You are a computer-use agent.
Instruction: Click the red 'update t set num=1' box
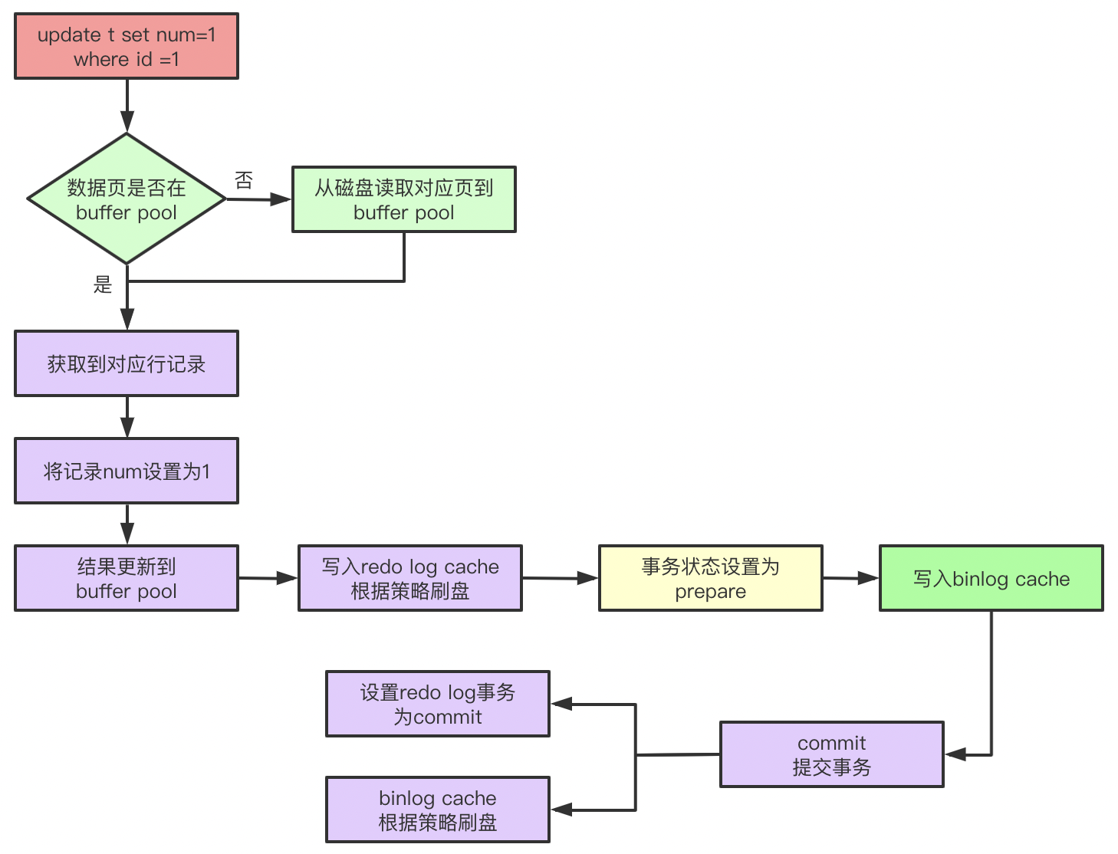coord(127,46)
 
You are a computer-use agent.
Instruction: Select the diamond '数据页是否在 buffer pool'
coord(127,199)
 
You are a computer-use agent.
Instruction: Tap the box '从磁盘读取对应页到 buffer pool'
coord(404,199)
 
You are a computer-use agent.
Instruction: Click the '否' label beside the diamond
coord(244,180)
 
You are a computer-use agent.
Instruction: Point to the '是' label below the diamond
coord(103,284)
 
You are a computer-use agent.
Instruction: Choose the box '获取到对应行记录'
coord(127,363)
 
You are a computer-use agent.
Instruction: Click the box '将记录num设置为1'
coord(127,471)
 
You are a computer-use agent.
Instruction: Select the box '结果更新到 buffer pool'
coord(127,578)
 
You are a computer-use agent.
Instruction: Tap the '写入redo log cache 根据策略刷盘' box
coord(410,578)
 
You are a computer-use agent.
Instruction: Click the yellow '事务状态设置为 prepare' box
coord(710,578)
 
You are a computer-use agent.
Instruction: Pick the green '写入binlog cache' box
coord(991,578)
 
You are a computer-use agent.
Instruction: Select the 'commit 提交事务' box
coord(831,754)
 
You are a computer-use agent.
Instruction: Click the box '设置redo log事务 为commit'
coord(438,704)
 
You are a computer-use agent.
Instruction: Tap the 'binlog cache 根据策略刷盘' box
coord(438,810)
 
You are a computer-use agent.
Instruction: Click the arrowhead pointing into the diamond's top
coord(127,123)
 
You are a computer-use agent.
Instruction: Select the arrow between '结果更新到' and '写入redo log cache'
coord(268,579)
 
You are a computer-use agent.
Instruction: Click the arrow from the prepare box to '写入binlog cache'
coord(851,579)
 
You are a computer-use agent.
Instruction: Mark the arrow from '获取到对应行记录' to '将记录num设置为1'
coord(127,418)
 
